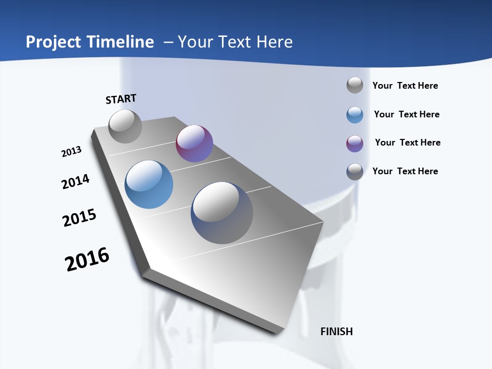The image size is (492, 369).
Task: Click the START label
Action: [x=121, y=99]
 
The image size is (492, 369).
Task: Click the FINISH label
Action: [x=336, y=332]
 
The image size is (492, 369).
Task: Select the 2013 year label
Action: [x=71, y=152]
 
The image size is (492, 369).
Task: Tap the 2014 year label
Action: [x=75, y=181]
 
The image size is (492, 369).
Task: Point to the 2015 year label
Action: [x=79, y=218]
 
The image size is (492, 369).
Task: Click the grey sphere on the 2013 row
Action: [x=126, y=126]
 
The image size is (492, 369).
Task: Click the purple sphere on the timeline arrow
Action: [x=194, y=143]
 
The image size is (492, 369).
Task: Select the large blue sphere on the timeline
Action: [x=149, y=184]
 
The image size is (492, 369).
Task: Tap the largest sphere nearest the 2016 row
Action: [x=222, y=213]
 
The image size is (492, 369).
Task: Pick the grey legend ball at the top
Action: [x=355, y=85]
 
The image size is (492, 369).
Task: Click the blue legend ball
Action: [x=355, y=115]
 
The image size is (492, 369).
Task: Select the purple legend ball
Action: [x=355, y=143]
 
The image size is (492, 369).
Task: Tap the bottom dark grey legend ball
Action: [x=355, y=172]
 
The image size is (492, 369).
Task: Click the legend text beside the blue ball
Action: [x=406, y=114]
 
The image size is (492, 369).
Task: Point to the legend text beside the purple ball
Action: [x=407, y=142]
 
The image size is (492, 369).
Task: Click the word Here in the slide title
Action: [x=274, y=42]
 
